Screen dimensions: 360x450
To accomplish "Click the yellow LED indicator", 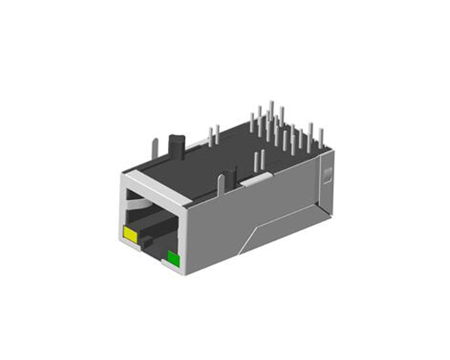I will click(130, 235).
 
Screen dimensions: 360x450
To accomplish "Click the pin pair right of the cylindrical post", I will click(214, 136).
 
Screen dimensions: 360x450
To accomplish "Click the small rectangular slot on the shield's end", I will click(327, 177).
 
